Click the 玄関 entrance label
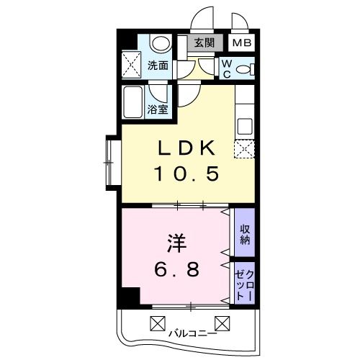204,42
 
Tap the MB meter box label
241,42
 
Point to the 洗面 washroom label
158,66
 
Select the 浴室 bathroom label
158,110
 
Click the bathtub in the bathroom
134,102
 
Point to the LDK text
186,148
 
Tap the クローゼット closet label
245,282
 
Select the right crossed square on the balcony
222,323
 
